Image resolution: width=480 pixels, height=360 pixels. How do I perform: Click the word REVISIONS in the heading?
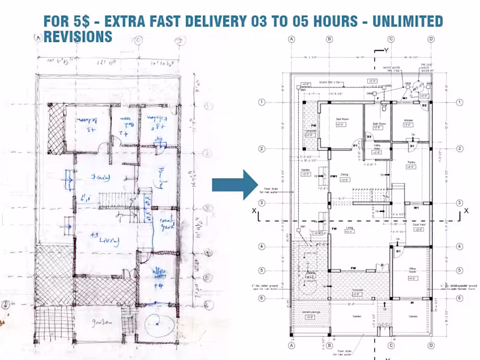pos(78,37)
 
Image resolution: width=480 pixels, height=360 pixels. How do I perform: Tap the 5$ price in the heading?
pos(82,22)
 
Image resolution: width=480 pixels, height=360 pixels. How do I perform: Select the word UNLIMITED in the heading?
pos(407,22)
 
